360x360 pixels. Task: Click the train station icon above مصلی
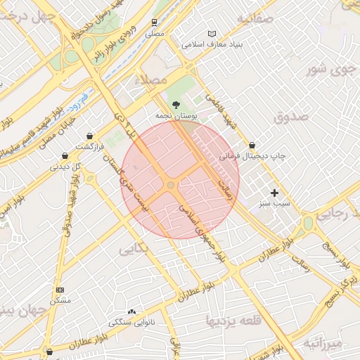[153, 21]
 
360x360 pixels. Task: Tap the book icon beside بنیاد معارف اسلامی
[212, 34]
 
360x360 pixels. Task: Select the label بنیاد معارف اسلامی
[212, 44]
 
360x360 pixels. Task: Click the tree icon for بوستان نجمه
[176, 103]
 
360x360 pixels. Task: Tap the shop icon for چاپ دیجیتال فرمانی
[252, 145]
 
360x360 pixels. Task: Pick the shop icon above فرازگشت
[89, 136]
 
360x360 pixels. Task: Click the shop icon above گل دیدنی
[65, 156]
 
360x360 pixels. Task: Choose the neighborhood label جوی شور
[328, 69]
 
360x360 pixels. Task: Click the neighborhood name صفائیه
[255, 18]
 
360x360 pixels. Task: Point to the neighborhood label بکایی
[133, 249]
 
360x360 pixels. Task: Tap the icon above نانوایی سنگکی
[131, 311]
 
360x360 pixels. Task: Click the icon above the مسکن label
[60, 290]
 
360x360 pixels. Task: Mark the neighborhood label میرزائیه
[321, 343]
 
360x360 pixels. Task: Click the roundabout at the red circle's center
[171, 184]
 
